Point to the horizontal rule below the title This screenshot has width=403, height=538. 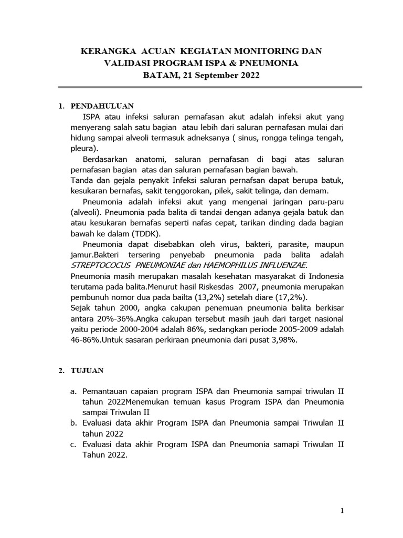(209, 87)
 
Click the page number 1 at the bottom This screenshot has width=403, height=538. (342, 510)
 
